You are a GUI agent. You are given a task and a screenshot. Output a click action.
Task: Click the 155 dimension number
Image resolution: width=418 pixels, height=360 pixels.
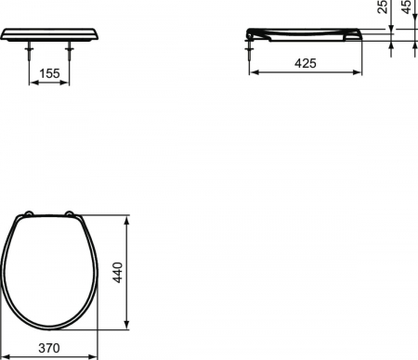(x=49, y=73)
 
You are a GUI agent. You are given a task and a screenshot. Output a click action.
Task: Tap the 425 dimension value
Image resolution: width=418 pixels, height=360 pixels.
(x=306, y=63)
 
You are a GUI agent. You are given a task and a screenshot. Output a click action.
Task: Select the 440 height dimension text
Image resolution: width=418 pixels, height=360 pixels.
(x=118, y=272)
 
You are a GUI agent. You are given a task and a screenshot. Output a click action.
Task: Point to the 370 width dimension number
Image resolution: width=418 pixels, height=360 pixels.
(x=49, y=348)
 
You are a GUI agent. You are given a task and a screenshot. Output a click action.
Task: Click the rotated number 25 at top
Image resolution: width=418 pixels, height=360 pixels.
(x=383, y=6)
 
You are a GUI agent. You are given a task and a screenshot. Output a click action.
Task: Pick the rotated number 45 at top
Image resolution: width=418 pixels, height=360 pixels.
(x=408, y=6)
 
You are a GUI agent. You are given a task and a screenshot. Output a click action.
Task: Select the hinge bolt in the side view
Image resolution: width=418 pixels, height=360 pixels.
(x=249, y=49)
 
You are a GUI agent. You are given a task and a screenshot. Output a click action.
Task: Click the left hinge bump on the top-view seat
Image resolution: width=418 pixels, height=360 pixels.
(x=29, y=212)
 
